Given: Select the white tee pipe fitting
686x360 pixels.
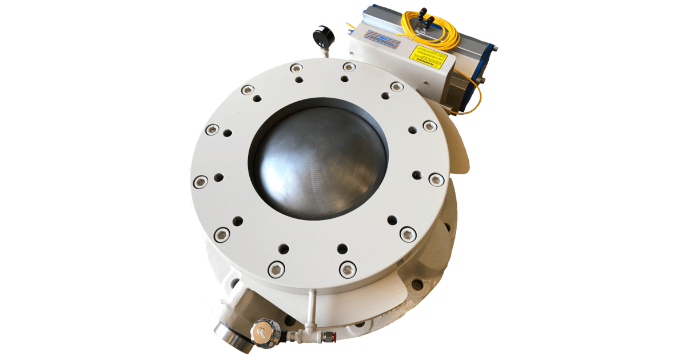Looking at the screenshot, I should click(309, 329).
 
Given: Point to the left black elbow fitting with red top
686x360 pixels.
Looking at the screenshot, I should click(422, 12).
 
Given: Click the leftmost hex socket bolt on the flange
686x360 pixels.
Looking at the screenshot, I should click(200, 182).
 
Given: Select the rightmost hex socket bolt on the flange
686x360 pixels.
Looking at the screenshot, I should click(436, 179).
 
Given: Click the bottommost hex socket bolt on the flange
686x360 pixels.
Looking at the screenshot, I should click(347, 268).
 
